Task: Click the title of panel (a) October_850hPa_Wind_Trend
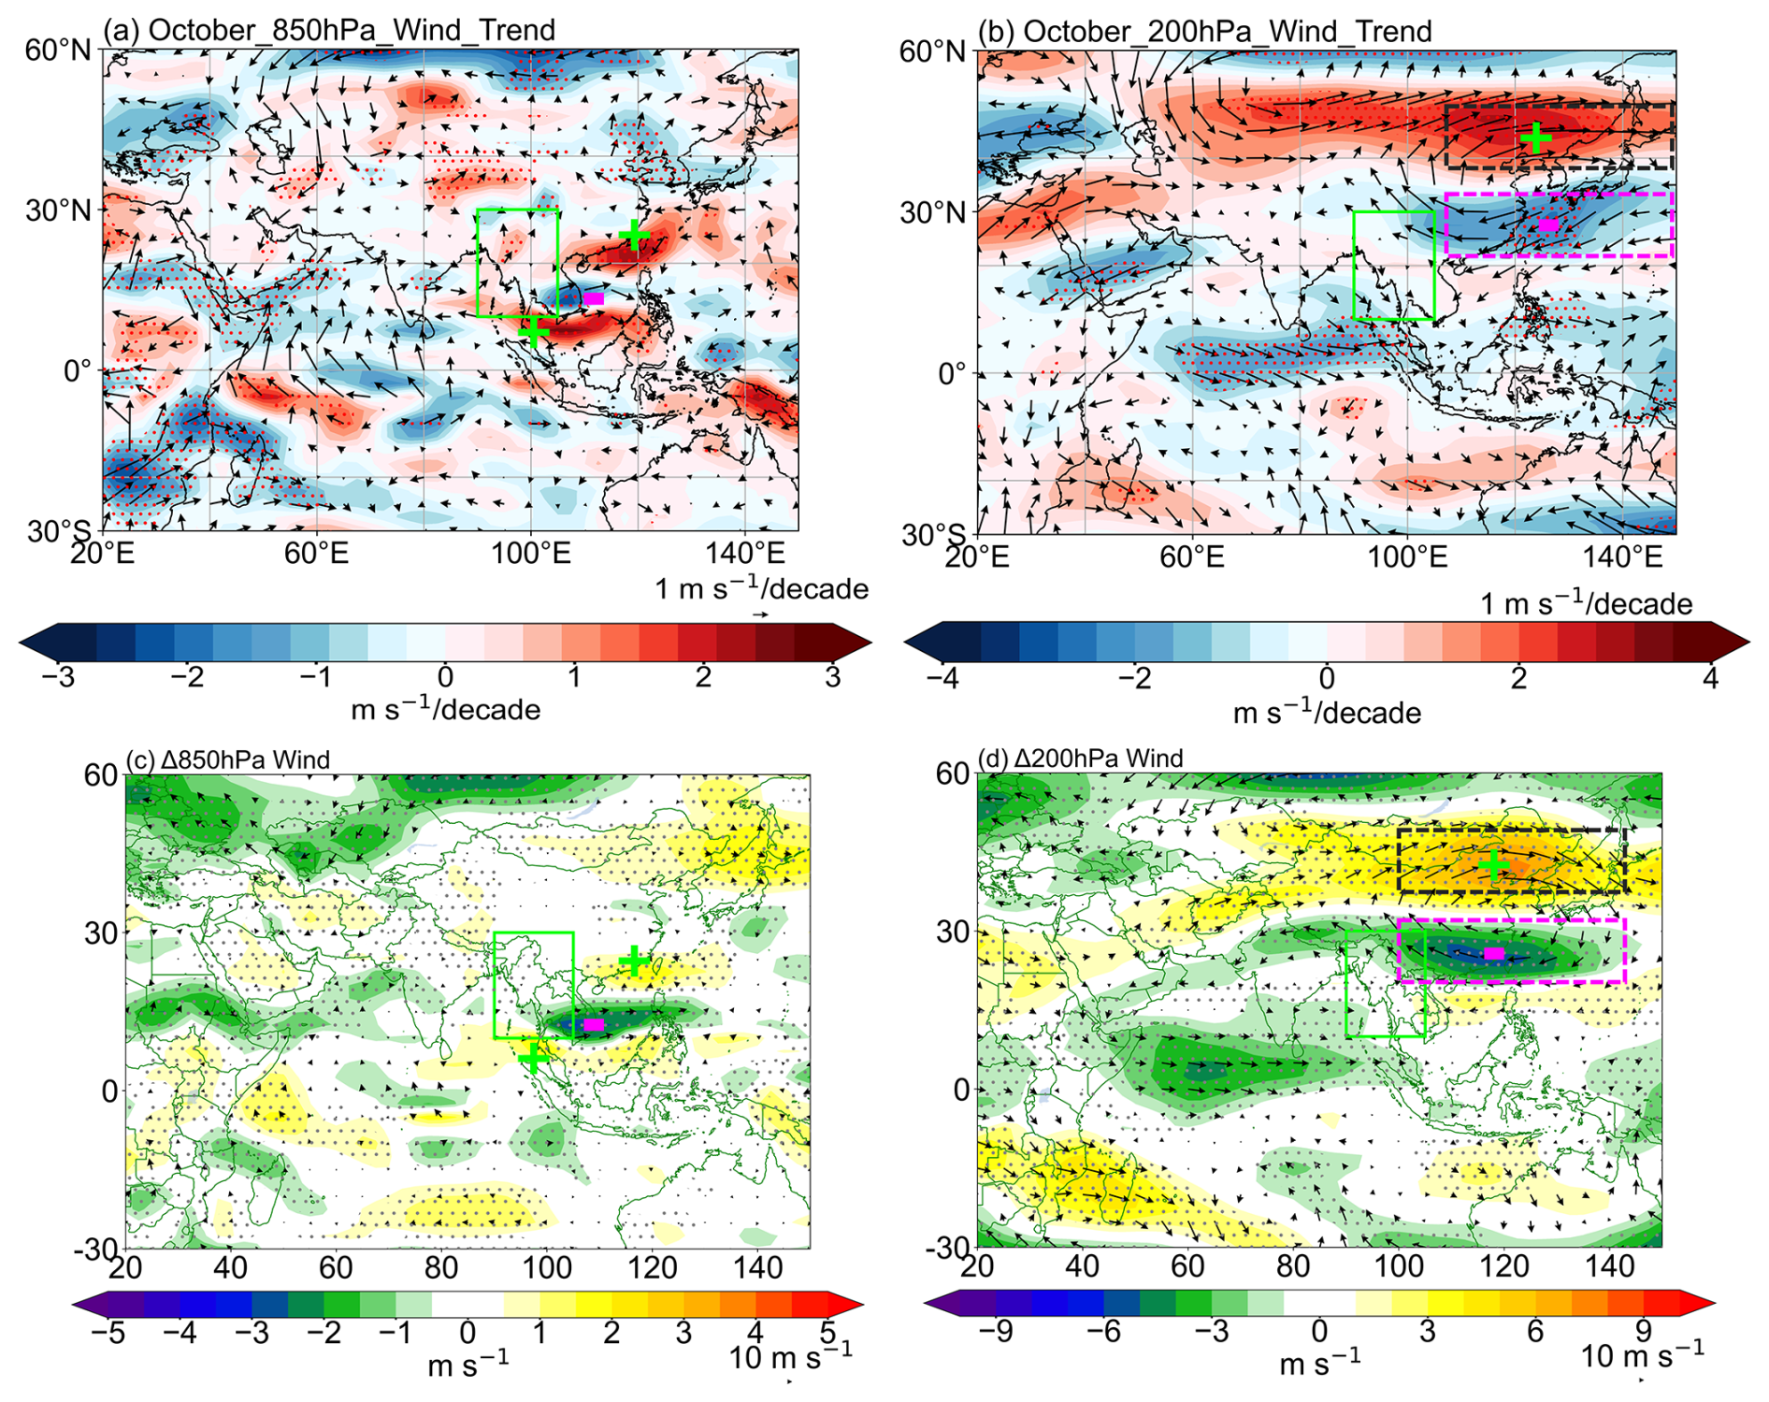pos(328,30)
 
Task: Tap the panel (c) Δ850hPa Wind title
pos(228,759)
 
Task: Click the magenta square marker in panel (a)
pos(594,298)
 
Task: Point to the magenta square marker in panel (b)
pos(1548,224)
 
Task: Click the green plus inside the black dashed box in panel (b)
pos(1535,139)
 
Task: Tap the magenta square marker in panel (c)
pos(594,1025)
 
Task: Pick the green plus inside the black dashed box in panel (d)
pos(1494,864)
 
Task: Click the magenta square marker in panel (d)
pos(1494,954)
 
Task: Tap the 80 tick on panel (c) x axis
pos(441,1268)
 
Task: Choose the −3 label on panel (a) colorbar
pos(58,676)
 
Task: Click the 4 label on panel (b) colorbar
pos(1710,677)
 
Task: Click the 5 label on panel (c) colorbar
pos(827,1331)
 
